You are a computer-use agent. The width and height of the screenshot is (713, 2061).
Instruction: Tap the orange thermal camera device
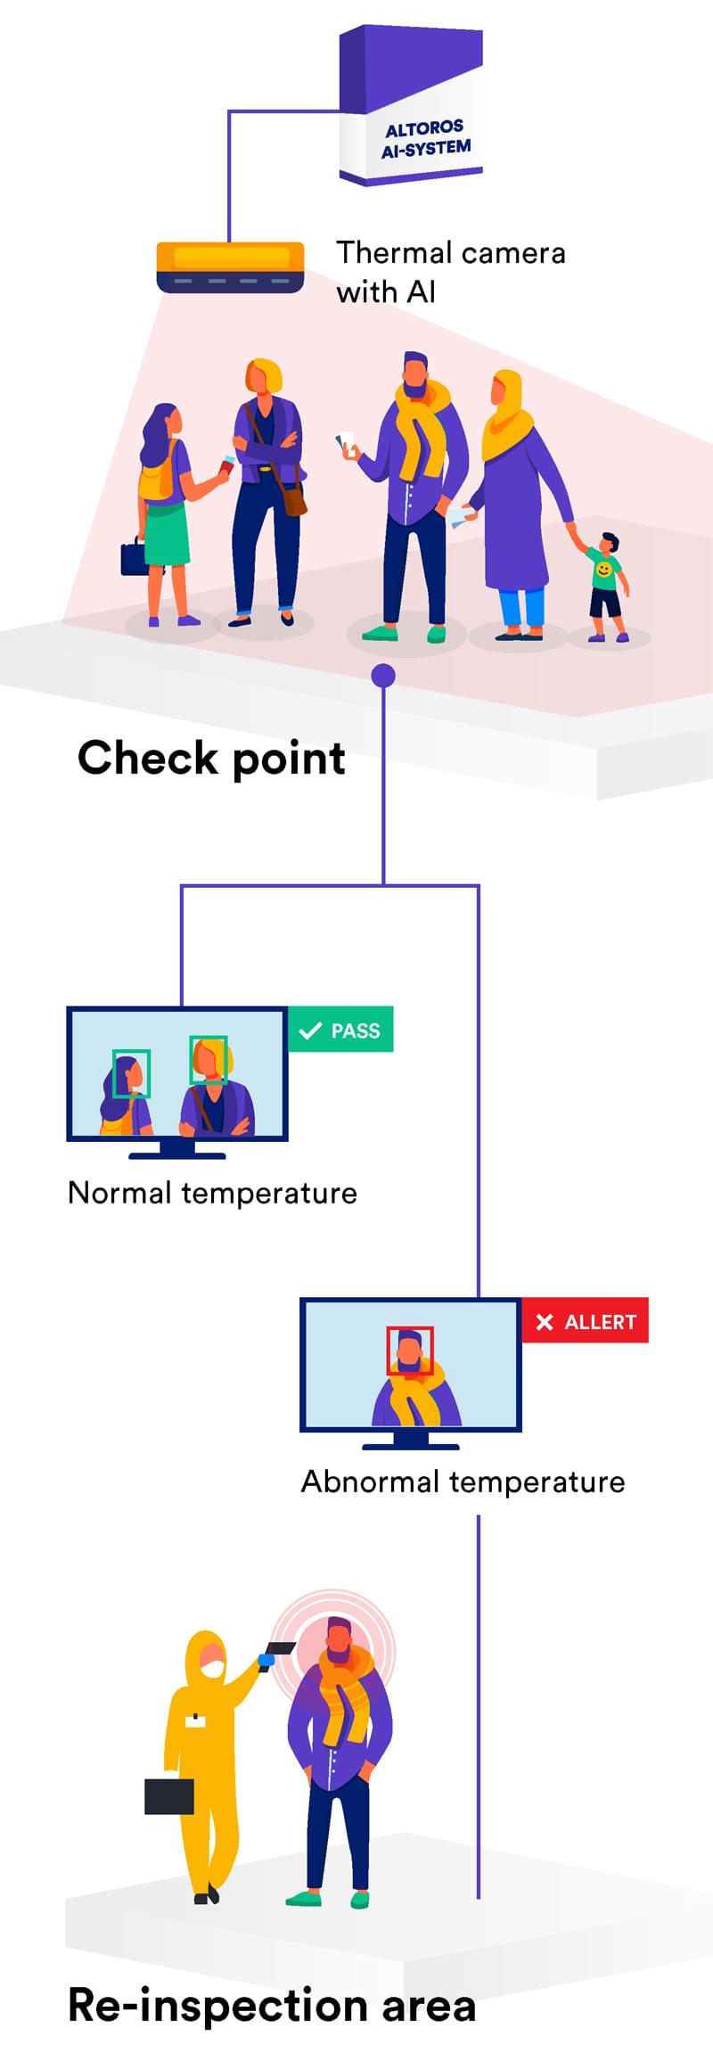(230, 266)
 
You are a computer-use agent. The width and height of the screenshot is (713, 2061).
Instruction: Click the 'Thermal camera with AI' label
(450, 272)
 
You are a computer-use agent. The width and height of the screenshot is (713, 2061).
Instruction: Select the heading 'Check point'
(211, 759)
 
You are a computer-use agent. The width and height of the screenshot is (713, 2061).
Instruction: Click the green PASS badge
(341, 1030)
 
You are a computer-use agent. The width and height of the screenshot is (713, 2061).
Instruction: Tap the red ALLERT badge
(586, 1321)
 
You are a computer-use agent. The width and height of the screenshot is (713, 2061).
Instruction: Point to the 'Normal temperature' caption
(212, 1193)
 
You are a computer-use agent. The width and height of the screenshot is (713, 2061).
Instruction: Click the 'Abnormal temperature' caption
(463, 1482)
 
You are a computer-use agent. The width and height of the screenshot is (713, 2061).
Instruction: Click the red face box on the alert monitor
(410, 1351)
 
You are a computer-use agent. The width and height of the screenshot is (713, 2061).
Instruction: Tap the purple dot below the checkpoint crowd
(383, 676)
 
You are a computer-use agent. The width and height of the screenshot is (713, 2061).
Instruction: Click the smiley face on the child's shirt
(604, 569)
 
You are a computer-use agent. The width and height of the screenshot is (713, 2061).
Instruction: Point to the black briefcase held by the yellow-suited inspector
(169, 1796)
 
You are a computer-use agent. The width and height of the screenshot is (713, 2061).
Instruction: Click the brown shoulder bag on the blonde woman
(294, 499)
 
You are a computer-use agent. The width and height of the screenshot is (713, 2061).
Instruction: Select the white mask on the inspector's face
(212, 1667)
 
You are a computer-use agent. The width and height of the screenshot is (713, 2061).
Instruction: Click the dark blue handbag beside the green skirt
(134, 558)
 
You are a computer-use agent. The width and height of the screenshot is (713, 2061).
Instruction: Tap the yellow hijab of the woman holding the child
(506, 415)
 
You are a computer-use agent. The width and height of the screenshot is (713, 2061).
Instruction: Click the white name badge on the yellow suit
(195, 1720)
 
